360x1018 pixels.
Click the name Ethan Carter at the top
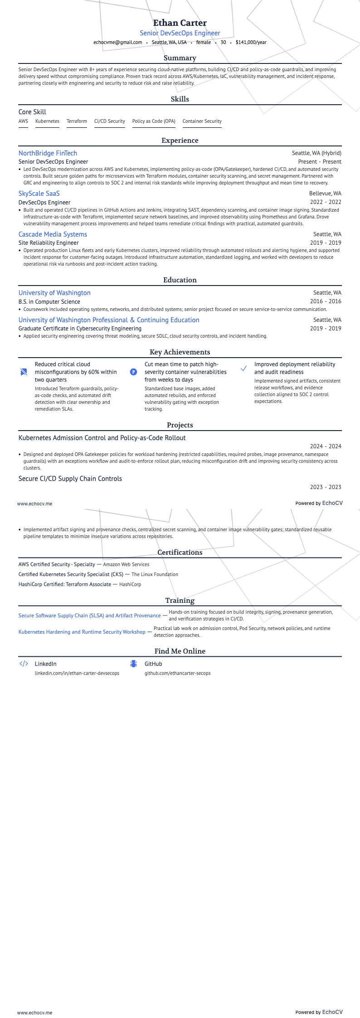tap(180, 23)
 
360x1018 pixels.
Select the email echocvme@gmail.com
tap(117, 42)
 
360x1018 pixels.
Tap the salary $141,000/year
tap(251, 42)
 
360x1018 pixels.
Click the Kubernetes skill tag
tap(47, 121)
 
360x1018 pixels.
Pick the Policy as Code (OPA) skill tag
tap(154, 121)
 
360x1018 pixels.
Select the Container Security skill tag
tap(202, 121)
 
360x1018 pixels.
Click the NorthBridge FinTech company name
tap(48, 153)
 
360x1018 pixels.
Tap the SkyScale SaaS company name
tap(39, 194)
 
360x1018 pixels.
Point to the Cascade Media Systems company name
tap(53, 234)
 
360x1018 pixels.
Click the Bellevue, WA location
tap(325, 194)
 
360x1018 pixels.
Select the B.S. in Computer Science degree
tap(49, 301)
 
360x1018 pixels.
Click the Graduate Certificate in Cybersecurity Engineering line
tap(80, 328)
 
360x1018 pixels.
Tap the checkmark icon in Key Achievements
tap(243, 368)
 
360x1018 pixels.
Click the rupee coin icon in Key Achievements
tap(133, 372)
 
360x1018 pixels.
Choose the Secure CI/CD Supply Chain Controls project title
tap(70, 479)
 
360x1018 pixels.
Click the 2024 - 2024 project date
tap(325, 446)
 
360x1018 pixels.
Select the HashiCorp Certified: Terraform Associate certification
tap(65, 584)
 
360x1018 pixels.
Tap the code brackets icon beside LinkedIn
tap(24, 664)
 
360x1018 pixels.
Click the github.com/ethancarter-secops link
tap(177, 673)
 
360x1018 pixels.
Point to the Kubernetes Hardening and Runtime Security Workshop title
tap(82, 632)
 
